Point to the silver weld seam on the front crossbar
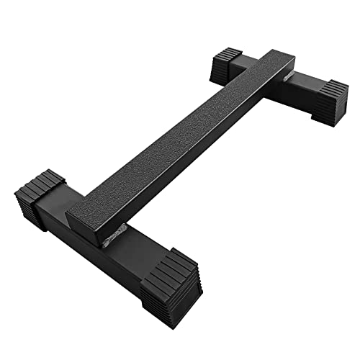[x=115, y=237]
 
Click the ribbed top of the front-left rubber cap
[x=40, y=184]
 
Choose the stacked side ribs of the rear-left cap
[x=220, y=70]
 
